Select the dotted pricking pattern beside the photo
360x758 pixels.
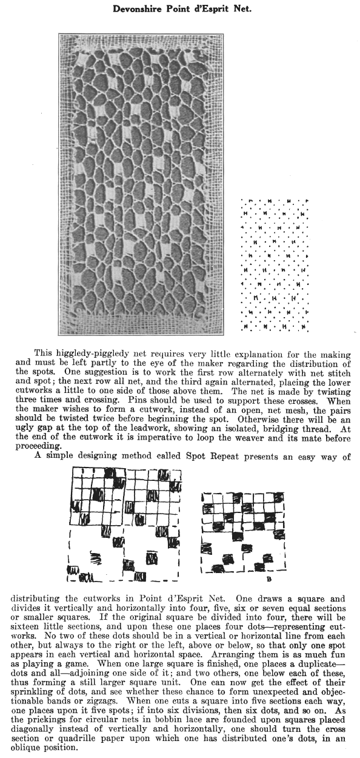[x=274, y=265]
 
